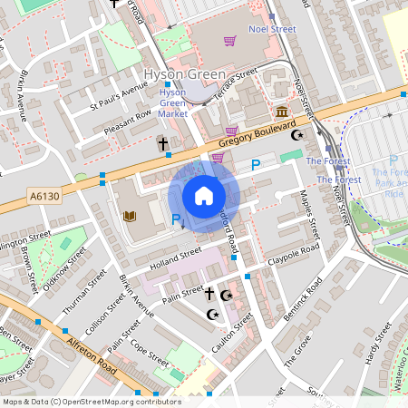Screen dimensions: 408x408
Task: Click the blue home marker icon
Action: tap(204, 196)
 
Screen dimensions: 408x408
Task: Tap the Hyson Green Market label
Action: tap(172, 103)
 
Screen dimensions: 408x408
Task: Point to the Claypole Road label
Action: tap(295, 254)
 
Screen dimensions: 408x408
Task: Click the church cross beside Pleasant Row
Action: tap(163, 144)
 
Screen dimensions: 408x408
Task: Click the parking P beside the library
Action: tap(176, 219)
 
